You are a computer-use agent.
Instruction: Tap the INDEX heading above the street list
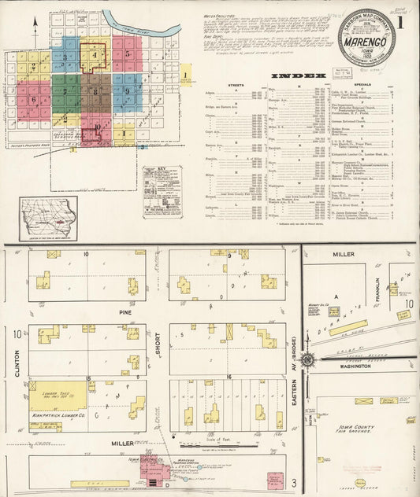pos(298,75)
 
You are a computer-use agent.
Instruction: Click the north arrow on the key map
pos(35,30)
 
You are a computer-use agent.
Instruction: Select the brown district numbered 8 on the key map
pos(96,91)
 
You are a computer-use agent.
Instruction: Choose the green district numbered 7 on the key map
pos(65,91)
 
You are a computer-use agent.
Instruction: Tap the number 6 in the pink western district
pos(33,100)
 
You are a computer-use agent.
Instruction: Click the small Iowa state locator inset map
pos(49,217)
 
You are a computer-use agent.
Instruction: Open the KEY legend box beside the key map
pos(162,191)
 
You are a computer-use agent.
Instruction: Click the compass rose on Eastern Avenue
pos(307,360)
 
